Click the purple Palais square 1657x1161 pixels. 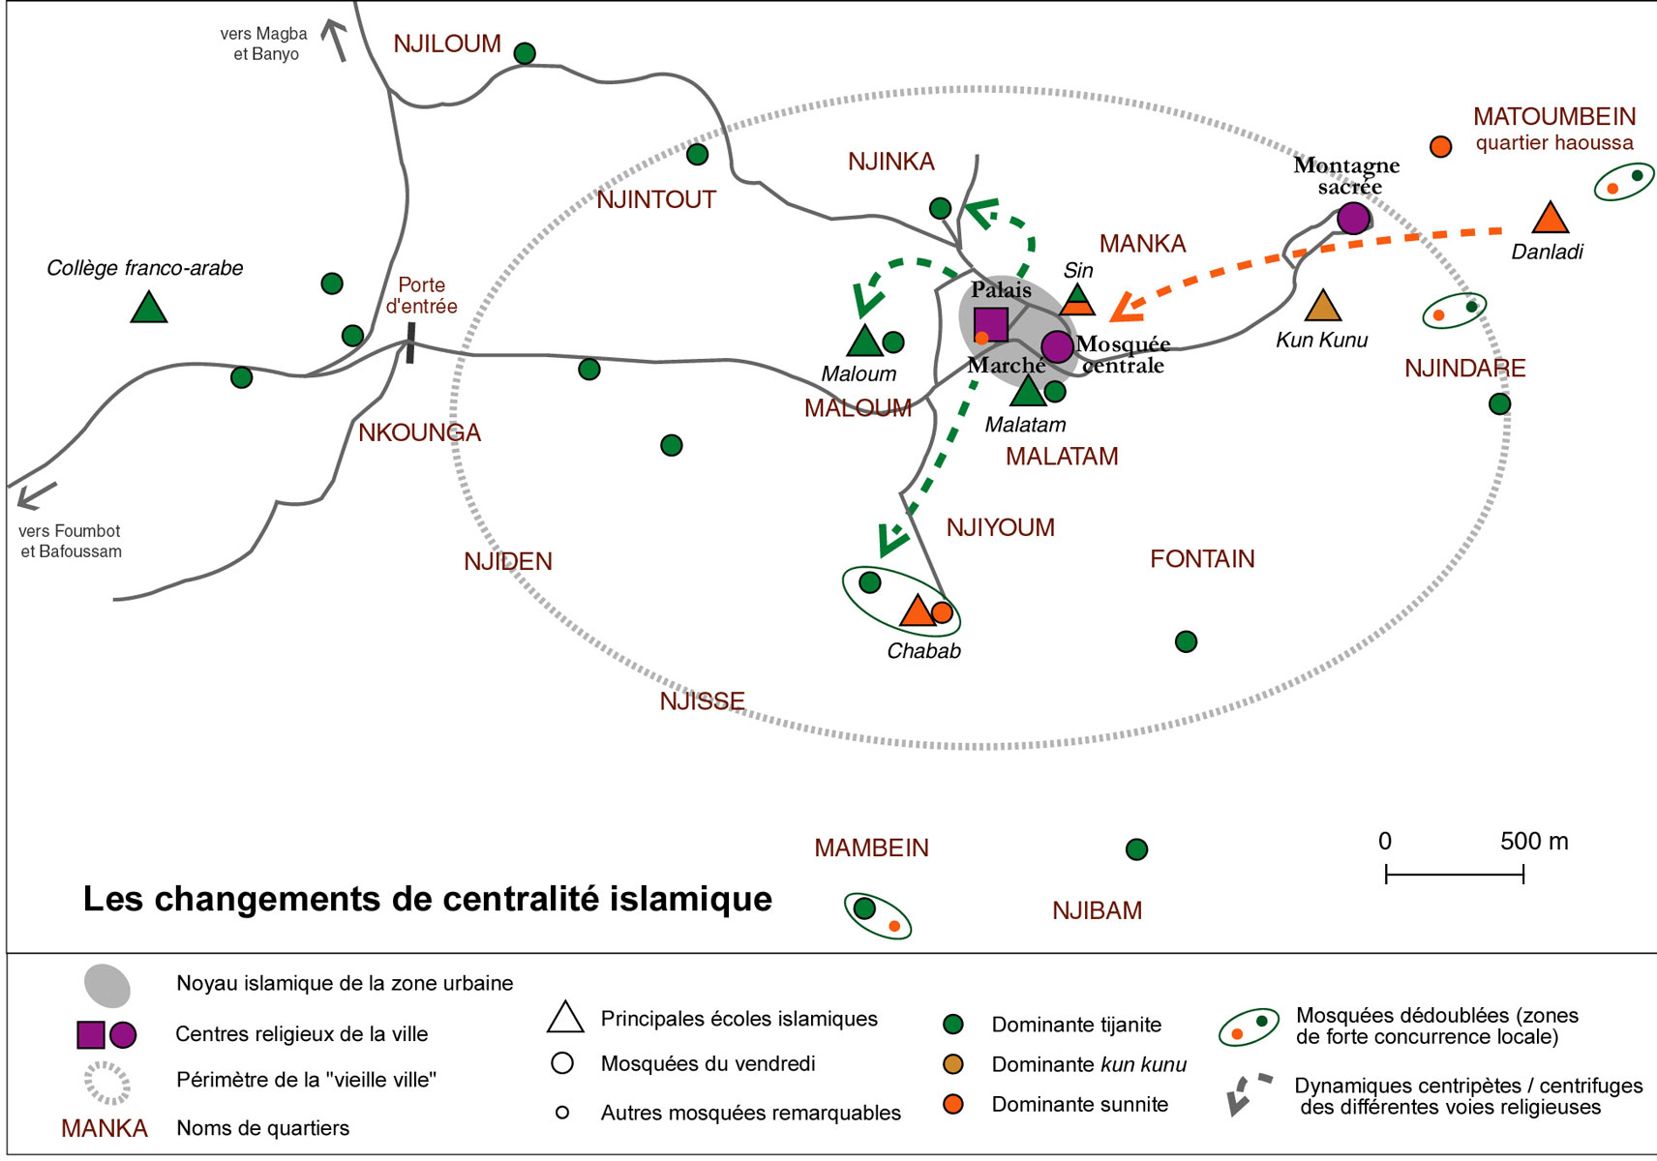click(x=990, y=324)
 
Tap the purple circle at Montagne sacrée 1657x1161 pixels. click(x=1353, y=218)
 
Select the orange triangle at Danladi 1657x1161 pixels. click(x=1551, y=220)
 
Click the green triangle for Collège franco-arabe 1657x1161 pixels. click(x=148, y=309)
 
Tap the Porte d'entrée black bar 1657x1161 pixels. click(x=410, y=342)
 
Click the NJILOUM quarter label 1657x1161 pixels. click(x=447, y=45)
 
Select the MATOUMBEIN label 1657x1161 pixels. click(x=1554, y=117)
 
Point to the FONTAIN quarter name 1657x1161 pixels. click(x=1202, y=559)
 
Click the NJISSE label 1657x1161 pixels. click(x=702, y=701)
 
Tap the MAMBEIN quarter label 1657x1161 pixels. click(x=871, y=848)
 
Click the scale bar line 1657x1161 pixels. click(x=1454, y=875)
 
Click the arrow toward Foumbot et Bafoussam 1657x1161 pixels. click(x=35, y=496)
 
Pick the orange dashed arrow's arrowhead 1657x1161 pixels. click(x=1125, y=309)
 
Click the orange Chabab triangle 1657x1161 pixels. click(x=916, y=611)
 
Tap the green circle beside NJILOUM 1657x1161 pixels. click(x=525, y=53)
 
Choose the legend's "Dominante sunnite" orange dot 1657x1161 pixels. click(x=953, y=1104)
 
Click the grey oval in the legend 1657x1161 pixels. click(x=107, y=985)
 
